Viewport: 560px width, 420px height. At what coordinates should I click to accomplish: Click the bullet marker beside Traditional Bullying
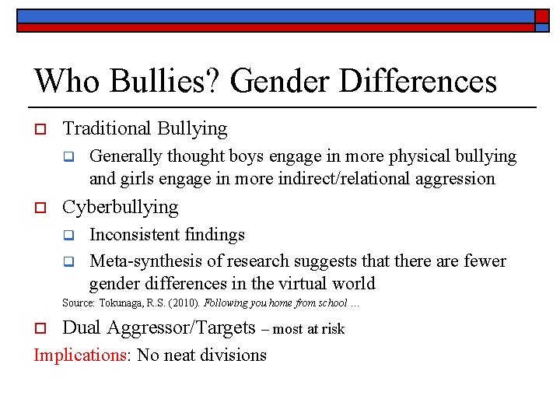point(43,129)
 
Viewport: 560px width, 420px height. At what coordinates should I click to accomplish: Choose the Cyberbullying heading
point(120,208)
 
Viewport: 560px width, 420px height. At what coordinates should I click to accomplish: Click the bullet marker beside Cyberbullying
point(43,208)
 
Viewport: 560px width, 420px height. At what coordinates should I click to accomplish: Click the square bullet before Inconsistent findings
point(68,235)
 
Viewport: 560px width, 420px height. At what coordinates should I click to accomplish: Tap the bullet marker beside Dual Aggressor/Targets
point(43,328)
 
